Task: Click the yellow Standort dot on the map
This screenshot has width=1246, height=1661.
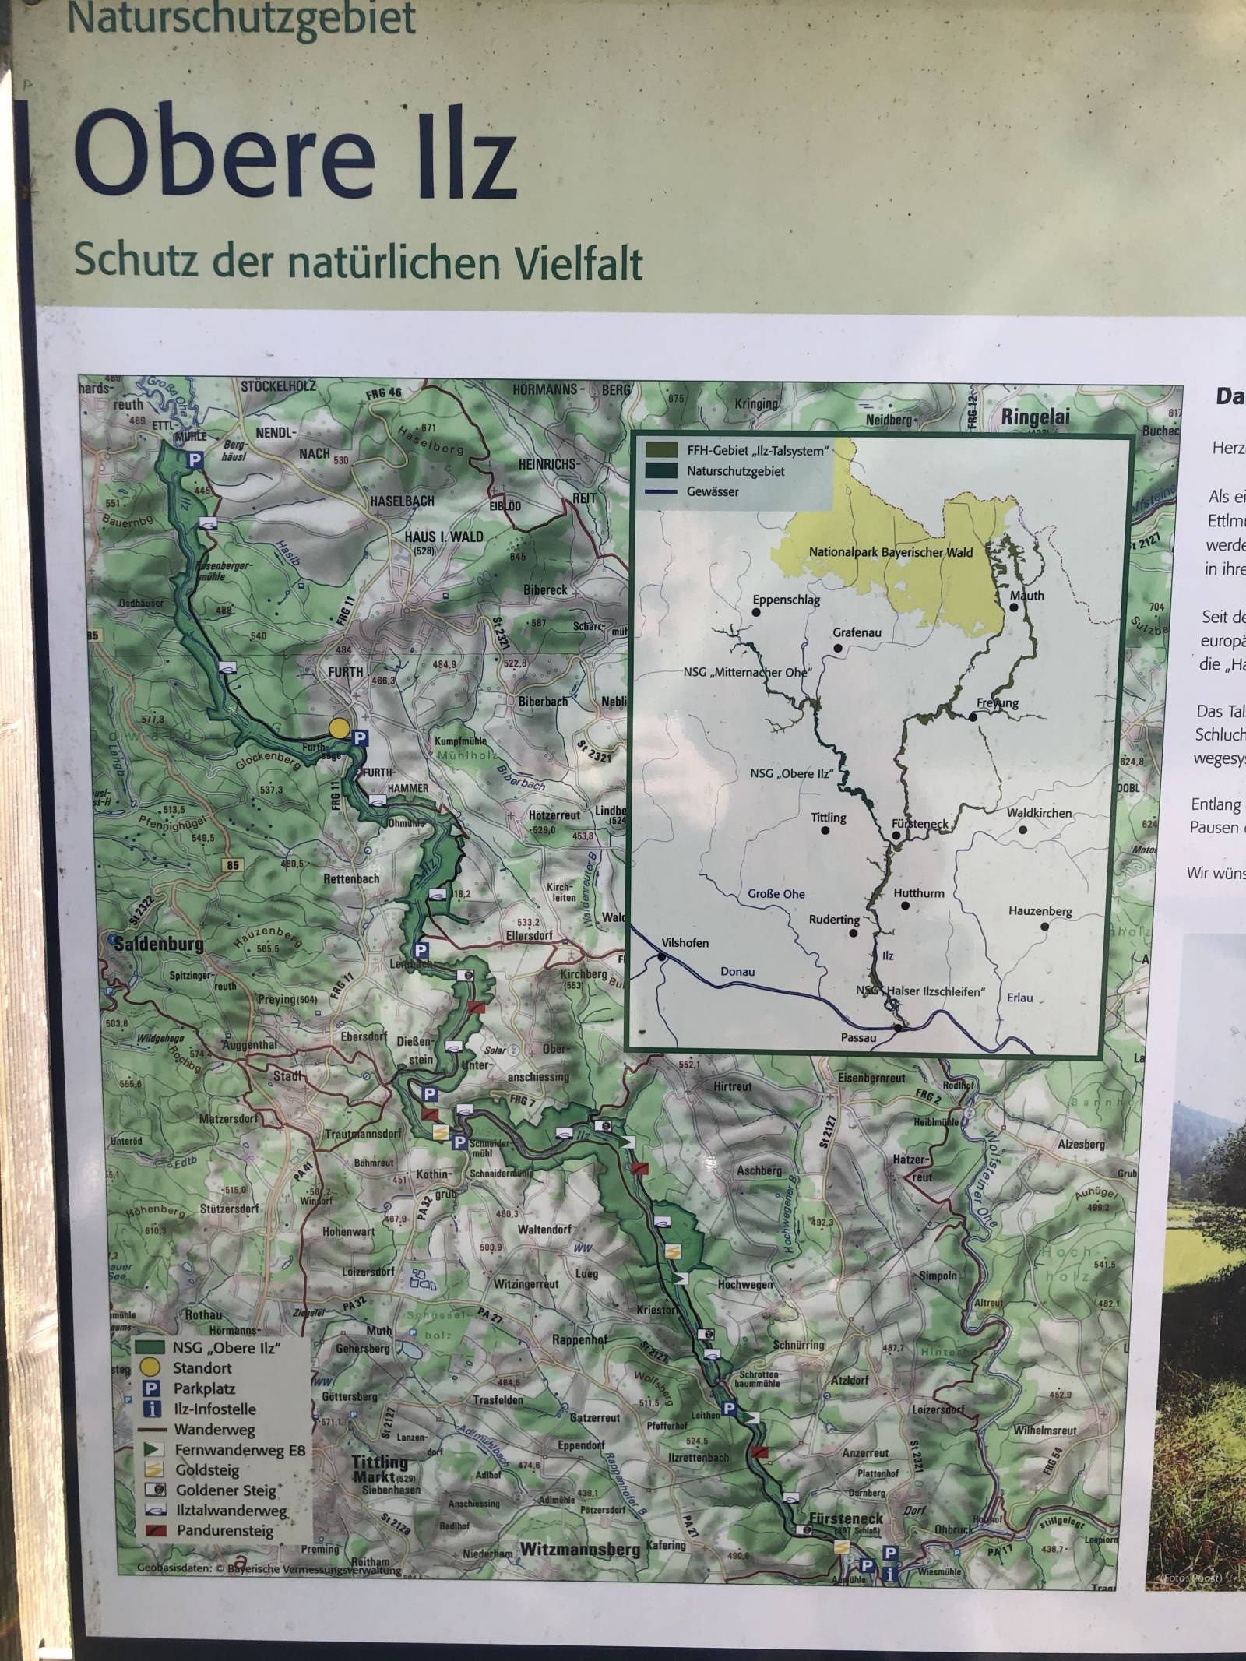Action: coord(339,728)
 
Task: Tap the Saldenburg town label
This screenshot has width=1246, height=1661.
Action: coord(159,945)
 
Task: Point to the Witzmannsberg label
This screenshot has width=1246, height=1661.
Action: coord(580,1550)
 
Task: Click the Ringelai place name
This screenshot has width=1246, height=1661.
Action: coord(1036,417)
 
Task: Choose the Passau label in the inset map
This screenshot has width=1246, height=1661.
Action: coord(858,1038)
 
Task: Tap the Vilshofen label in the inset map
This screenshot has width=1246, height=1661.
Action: coord(685,943)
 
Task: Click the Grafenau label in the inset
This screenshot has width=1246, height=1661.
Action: coord(857,633)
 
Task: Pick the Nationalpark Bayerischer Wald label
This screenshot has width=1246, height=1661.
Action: coord(891,552)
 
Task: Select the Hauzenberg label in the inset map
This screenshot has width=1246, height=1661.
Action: coord(1040,911)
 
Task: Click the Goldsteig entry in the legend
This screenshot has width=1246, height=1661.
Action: coord(207,1470)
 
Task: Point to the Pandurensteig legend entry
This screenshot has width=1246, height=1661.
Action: coord(224,1530)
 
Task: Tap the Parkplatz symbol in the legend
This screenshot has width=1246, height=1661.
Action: coord(153,1388)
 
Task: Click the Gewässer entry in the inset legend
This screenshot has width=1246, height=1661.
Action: coord(713,492)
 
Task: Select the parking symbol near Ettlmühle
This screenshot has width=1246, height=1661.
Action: coord(194,461)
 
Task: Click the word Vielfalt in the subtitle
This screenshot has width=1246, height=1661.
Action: coord(579,262)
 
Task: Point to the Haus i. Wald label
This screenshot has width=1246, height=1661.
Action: coord(443,537)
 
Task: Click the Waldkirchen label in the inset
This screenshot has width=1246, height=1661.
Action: coord(1039,813)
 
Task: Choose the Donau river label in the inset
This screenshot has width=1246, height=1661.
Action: coord(737,972)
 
